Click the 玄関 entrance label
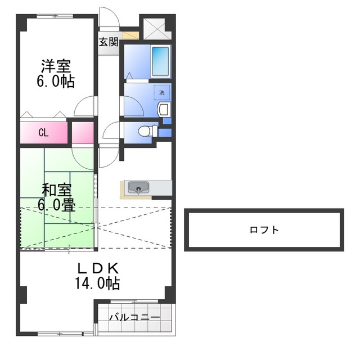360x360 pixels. [x=109, y=42]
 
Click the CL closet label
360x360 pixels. [x=43, y=133]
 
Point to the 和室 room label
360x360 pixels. [x=56, y=190]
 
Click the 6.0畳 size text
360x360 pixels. [x=56, y=205]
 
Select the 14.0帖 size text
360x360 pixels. [x=97, y=283]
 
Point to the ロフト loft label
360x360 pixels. [x=264, y=229]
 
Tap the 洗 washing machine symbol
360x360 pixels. [x=161, y=92]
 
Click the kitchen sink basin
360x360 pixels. [x=137, y=187]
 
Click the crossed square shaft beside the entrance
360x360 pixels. [x=152, y=28]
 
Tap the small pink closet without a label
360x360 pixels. [x=82, y=133]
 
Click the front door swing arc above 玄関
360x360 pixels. [x=109, y=17]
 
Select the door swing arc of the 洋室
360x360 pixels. [x=86, y=106]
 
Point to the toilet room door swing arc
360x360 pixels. [x=111, y=131]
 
